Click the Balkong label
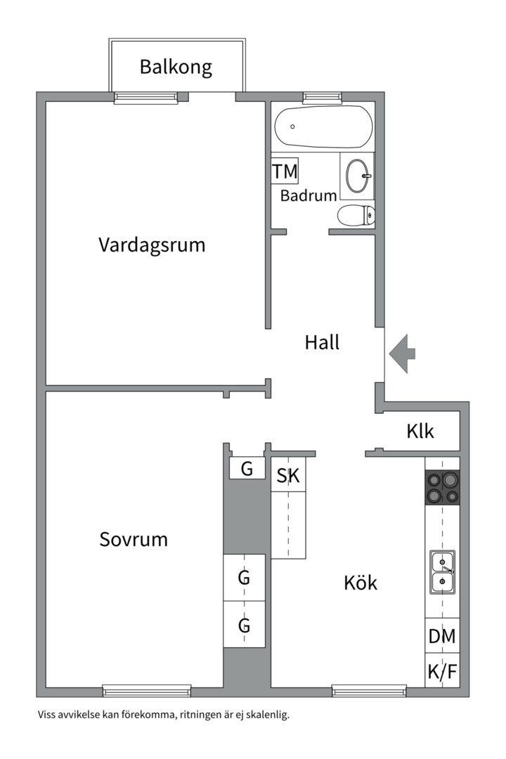[176, 67]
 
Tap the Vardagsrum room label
[152, 245]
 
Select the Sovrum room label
[134, 540]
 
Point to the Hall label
[322, 343]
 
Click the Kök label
[361, 583]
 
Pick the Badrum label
[309, 196]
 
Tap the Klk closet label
[420, 431]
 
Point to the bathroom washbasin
[358, 173]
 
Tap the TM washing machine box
[285, 171]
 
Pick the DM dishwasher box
[442, 637]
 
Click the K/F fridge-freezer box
[442, 673]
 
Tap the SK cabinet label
[288, 476]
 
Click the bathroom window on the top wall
[322, 98]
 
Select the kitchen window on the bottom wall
[369, 691]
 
